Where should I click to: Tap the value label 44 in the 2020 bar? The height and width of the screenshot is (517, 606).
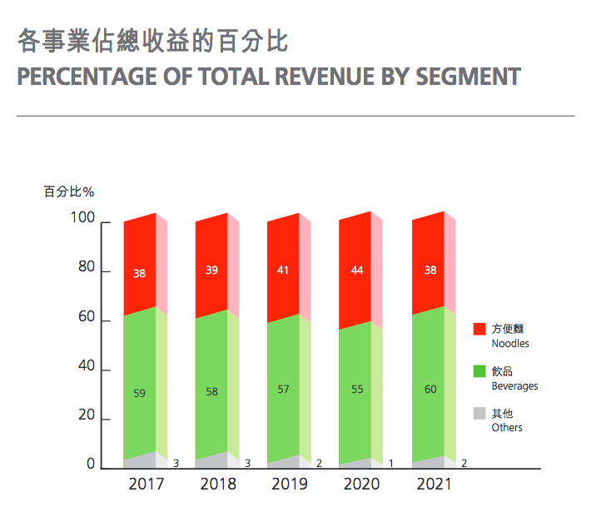(356, 271)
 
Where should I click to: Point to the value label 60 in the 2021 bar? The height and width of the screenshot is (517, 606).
(430, 390)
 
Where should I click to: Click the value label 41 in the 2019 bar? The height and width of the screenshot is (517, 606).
(283, 271)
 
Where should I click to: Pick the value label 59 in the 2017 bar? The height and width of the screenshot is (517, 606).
(140, 394)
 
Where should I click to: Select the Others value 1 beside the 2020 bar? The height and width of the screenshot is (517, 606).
(391, 463)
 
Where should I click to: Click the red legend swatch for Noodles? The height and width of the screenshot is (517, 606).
(479, 330)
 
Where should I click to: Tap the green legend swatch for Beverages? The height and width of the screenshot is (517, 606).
(479, 371)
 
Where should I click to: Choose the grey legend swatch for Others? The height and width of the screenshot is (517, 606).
(479, 413)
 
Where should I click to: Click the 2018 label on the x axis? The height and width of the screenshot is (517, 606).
(218, 485)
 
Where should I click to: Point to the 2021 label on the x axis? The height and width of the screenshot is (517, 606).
(433, 485)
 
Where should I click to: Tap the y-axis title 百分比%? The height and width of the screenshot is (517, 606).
(69, 191)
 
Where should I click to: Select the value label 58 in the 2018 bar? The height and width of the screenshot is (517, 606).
(212, 392)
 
